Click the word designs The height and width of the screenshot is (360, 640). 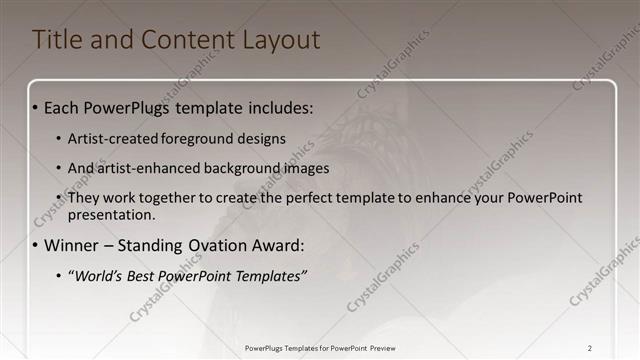click(264, 138)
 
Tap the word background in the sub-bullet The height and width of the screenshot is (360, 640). click(241, 168)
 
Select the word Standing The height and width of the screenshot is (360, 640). click(157, 245)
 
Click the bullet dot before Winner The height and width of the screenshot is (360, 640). click(36, 246)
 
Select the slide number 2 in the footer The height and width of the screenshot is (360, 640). click(590, 348)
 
